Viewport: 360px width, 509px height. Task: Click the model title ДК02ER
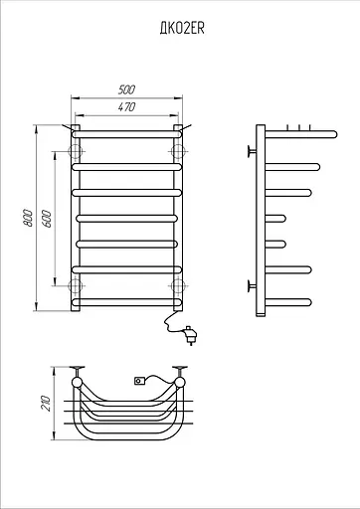[182, 29]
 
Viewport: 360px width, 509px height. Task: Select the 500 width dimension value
[126, 89]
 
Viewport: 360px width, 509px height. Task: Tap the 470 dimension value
[126, 107]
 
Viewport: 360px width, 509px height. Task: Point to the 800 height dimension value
[28, 218]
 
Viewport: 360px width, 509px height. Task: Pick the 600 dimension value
[47, 219]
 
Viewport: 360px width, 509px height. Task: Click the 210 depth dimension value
[46, 404]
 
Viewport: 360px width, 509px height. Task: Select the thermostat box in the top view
[139, 381]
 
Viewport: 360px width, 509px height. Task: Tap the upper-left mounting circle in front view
[76, 151]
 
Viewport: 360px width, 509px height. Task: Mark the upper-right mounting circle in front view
[178, 151]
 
